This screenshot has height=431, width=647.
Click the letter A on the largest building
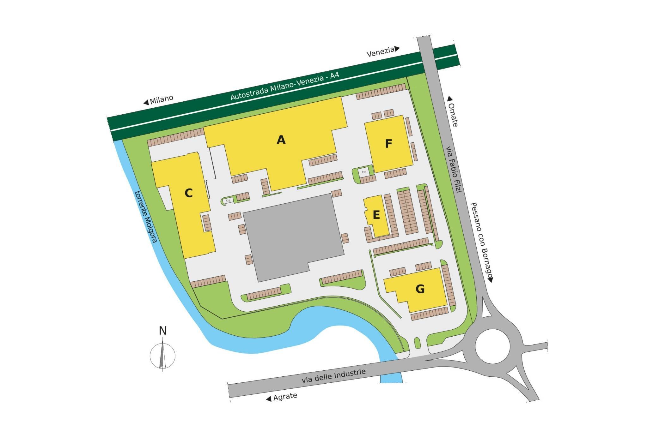281,140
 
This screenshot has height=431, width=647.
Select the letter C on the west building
188,193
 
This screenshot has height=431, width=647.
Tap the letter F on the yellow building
388,144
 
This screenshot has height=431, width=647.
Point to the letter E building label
376,215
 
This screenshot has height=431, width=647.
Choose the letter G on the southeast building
420,289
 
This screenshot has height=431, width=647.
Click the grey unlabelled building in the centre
292,237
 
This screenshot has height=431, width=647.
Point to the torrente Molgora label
146,216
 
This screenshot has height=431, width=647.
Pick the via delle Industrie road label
333,376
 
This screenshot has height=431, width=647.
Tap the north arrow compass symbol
162,355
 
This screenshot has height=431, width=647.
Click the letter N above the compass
163,331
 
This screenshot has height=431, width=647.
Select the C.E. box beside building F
364,172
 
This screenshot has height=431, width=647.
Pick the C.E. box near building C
228,201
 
